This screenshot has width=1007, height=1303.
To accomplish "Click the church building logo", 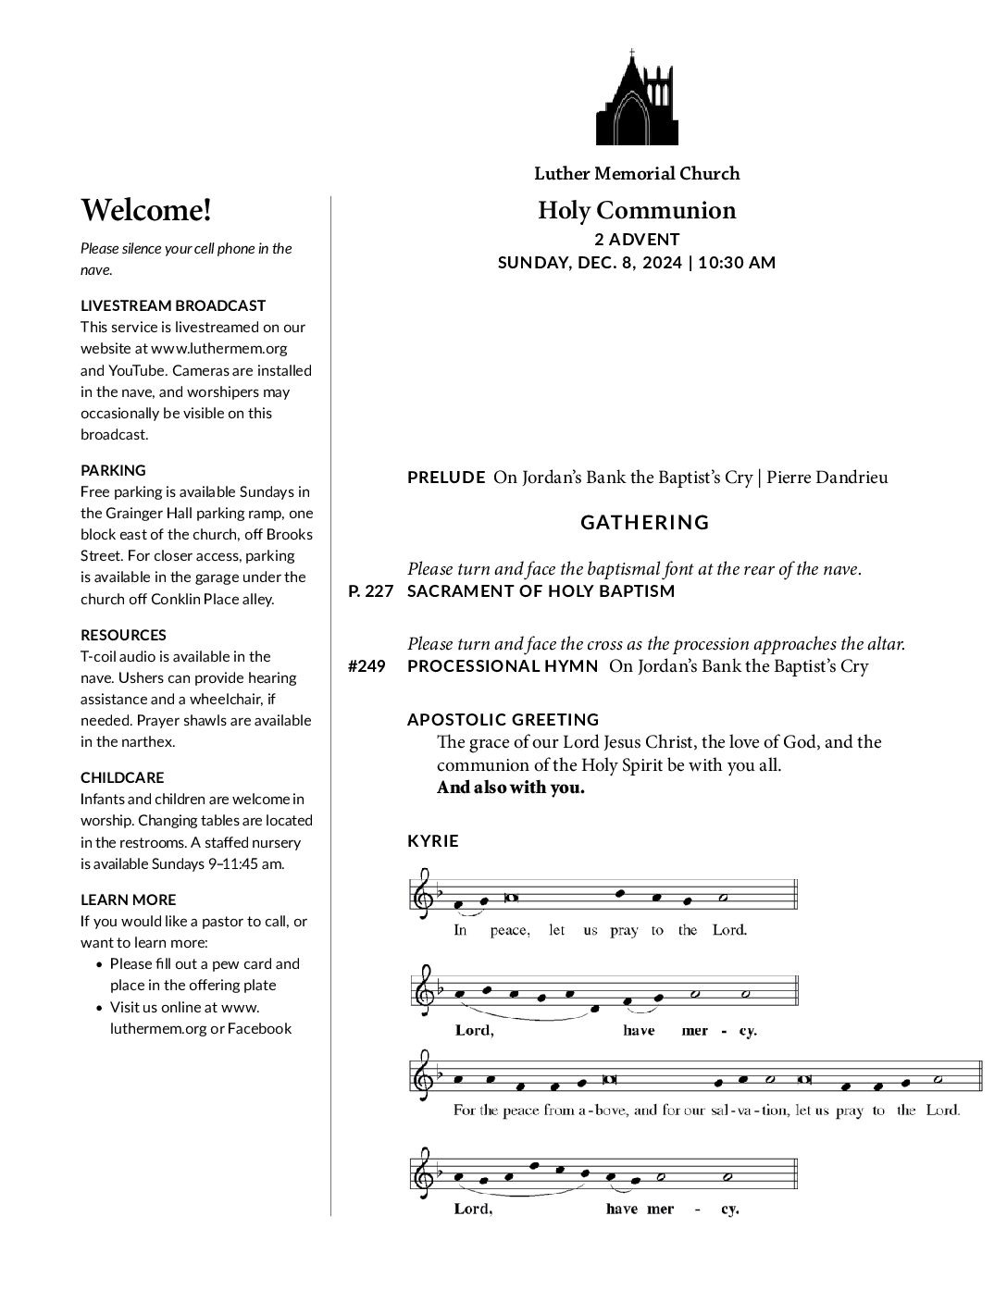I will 637,98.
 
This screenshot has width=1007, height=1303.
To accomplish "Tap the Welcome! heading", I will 146,210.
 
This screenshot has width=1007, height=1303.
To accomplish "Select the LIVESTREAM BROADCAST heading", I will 173,305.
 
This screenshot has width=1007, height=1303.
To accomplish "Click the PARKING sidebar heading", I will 113,470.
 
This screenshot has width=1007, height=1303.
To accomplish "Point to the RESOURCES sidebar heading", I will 123,635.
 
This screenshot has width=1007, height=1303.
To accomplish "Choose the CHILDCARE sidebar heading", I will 122,777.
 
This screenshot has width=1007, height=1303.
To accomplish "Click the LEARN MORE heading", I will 128,900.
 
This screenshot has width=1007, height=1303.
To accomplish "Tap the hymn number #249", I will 367,666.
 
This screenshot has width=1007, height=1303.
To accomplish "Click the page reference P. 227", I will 370,591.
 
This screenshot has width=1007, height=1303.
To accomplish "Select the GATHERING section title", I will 645,523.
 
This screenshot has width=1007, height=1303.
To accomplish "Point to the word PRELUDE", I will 446,478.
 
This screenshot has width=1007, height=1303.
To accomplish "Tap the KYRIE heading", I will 433,841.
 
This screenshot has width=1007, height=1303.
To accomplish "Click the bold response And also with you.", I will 511,788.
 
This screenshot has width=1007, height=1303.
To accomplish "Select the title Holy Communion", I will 637,210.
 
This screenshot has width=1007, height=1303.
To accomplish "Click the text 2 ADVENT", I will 637,240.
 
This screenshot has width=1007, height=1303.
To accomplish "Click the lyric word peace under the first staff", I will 510,930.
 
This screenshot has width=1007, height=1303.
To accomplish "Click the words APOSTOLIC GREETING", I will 503,719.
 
